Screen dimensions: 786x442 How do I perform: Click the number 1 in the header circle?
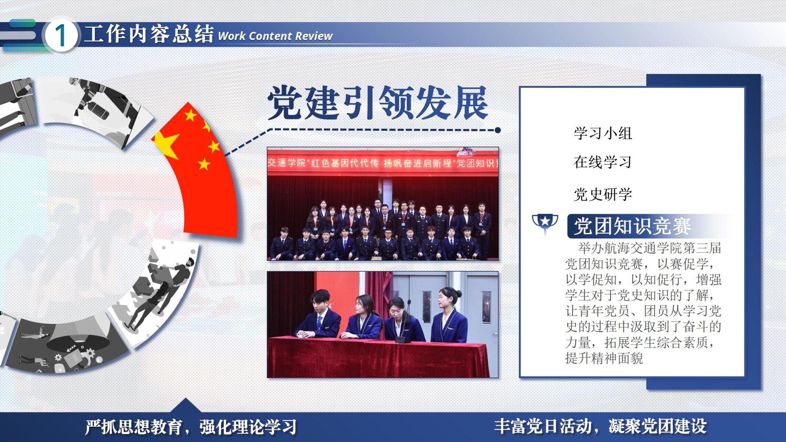pyautogui.click(x=61, y=36)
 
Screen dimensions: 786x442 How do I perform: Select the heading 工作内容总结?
pyautogui.click(x=149, y=34)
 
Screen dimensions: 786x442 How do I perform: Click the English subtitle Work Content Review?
pyautogui.click(x=275, y=36)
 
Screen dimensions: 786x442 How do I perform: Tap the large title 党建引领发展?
pyautogui.click(x=378, y=102)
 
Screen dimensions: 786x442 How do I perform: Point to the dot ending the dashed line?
pyautogui.click(x=498, y=130)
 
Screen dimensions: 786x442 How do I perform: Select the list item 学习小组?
pyautogui.click(x=603, y=133)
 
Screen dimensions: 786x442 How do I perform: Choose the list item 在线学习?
pyautogui.click(x=603, y=162)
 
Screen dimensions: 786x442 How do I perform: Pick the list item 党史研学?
pyautogui.click(x=603, y=194)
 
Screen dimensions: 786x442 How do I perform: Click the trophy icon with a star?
pyautogui.click(x=545, y=225)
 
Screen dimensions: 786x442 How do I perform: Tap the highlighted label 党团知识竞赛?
pyautogui.click(x=632, y=226)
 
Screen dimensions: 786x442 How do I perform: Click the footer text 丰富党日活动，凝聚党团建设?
pyautogui.click(x=600, y=426)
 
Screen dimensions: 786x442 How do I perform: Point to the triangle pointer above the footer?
pyautogui.click(x=185, y=405)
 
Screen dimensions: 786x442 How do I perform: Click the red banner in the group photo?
pyautogui.click(x=383, y=163)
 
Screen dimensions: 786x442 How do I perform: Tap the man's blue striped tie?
pyautogui.click(x=319, y=323)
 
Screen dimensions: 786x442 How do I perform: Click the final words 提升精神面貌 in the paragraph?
pyautogui.click(x=604, y=358)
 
